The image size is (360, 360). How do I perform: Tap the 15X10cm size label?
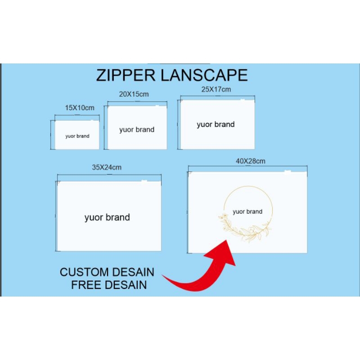80,108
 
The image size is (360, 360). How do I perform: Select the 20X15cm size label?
134,94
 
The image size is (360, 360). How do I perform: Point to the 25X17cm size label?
216,89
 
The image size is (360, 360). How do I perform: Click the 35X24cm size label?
107,167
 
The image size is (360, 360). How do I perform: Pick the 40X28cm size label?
250,161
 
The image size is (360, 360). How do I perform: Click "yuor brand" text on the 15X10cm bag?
77,136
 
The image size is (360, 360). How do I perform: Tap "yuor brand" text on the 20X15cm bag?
137,130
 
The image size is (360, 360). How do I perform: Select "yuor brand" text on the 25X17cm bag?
216,124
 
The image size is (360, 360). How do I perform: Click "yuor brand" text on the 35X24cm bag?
107,217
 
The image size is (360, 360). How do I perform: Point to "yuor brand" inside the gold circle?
247,211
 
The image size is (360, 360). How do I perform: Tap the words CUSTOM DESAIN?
107,272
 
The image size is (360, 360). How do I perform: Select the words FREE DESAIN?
109,285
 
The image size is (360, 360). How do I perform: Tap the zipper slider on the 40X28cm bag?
288,171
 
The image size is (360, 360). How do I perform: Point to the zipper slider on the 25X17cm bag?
242,99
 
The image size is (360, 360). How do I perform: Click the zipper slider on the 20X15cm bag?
157,106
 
